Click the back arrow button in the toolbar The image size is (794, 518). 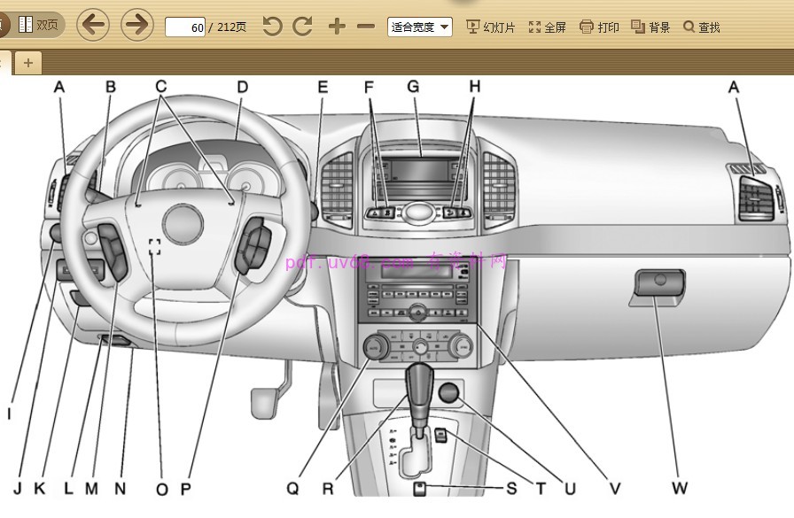pos(93,26)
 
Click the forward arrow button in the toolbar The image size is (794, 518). pos(136,26)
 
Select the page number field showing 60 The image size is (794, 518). pos(186,27)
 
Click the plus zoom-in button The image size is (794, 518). pos(336,27)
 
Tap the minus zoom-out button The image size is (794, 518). pos(365,27)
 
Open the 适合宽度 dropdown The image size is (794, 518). pos(420,27)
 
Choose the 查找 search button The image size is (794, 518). pos(701,27)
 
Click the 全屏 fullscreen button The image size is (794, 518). pos(547,27)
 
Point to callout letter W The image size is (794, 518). pos(680,488)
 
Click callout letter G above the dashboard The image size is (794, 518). pos(412,87)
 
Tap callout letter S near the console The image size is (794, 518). pos(511,488)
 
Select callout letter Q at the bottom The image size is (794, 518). pos(293,488)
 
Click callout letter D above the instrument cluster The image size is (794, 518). pos(241,87)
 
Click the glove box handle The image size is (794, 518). pos(658,284)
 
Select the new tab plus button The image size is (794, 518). pos(28,62)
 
